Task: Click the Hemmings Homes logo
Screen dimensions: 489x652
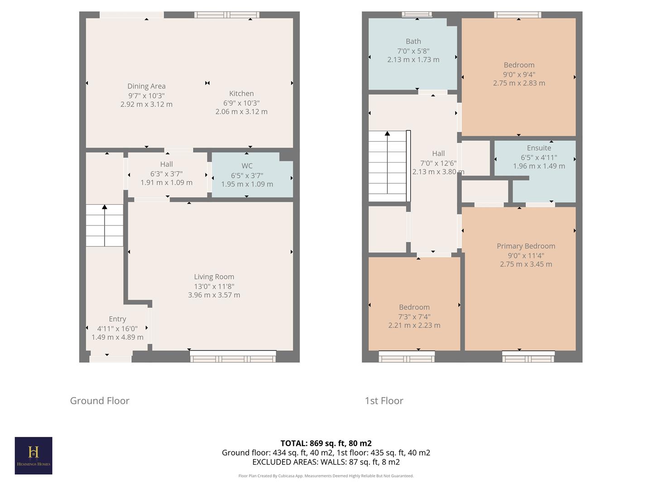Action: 34,455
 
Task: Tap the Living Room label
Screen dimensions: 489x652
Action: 214,277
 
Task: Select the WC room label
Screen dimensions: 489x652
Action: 247,166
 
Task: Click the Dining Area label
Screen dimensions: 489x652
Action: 146,86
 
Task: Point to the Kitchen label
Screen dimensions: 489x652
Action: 241,94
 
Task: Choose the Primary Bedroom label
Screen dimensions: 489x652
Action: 526,246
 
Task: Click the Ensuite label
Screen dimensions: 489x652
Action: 539,148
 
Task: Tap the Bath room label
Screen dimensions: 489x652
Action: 413,41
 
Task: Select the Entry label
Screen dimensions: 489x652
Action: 117,319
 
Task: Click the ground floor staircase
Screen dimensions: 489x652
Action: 105,225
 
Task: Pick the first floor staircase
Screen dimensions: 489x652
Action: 388,167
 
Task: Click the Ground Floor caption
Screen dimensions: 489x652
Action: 100,401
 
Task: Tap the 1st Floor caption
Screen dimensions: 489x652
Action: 384,401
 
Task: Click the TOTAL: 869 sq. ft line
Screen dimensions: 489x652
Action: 326,443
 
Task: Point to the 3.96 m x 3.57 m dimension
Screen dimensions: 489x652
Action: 214,295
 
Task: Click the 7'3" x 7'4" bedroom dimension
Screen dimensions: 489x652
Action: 414,317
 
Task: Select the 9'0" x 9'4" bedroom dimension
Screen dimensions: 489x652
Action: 519,74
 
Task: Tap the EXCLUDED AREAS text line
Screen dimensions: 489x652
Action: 326,462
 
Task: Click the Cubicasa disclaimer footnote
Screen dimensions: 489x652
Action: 326,476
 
